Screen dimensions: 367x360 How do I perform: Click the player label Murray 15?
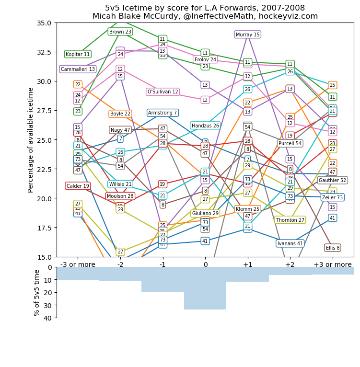[247, 34]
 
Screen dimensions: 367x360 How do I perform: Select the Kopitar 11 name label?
[78, 54]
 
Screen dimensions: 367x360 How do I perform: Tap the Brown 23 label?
[120, 32]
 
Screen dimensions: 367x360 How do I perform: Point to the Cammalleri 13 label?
[78, 69]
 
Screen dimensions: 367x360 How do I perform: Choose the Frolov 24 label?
[205, 59]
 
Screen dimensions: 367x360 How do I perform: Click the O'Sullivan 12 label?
[163, 92]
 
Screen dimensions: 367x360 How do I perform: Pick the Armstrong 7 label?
[163, 113]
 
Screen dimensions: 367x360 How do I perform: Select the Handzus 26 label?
[205, 126]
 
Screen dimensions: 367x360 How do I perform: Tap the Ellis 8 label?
[333, 248]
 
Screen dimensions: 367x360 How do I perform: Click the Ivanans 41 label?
[290, 243]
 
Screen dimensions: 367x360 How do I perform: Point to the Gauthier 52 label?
[333, 180]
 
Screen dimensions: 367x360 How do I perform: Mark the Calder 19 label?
[78, 186]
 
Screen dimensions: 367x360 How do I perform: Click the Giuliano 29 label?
[205, 213]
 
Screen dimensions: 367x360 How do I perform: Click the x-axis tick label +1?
[247, 264]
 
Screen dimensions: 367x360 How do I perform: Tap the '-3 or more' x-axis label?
[78, 264]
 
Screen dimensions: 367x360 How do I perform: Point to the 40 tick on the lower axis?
[48, 318]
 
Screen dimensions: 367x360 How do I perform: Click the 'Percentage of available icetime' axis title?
[31, 140]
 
